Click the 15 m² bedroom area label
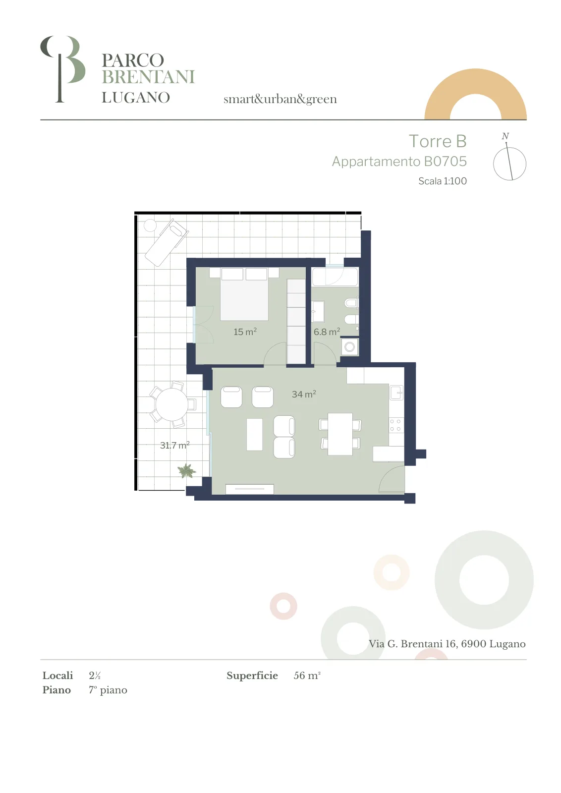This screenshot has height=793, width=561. coord(245,332)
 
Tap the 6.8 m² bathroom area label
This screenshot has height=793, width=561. coord(327,332)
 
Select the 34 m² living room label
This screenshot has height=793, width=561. coord(304,394)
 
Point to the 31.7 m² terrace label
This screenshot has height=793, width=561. coord(174,445)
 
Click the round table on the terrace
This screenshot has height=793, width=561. coord(171,404)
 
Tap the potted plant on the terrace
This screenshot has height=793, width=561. coord(186,470)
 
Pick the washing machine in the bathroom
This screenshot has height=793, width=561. coord(350,346)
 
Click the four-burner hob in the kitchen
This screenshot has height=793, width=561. coord(395,425)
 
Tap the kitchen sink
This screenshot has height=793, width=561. coord(396,392)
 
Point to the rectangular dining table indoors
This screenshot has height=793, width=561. coord(340,434)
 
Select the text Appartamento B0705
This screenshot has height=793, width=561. coord(399,162)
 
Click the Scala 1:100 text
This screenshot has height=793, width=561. coord(443,181)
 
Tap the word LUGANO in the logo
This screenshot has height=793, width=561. coord(136,97)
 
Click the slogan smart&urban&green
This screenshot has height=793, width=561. coord(280,99)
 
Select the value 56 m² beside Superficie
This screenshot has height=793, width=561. coord(307,676)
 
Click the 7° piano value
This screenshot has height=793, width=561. coord(108,690)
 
